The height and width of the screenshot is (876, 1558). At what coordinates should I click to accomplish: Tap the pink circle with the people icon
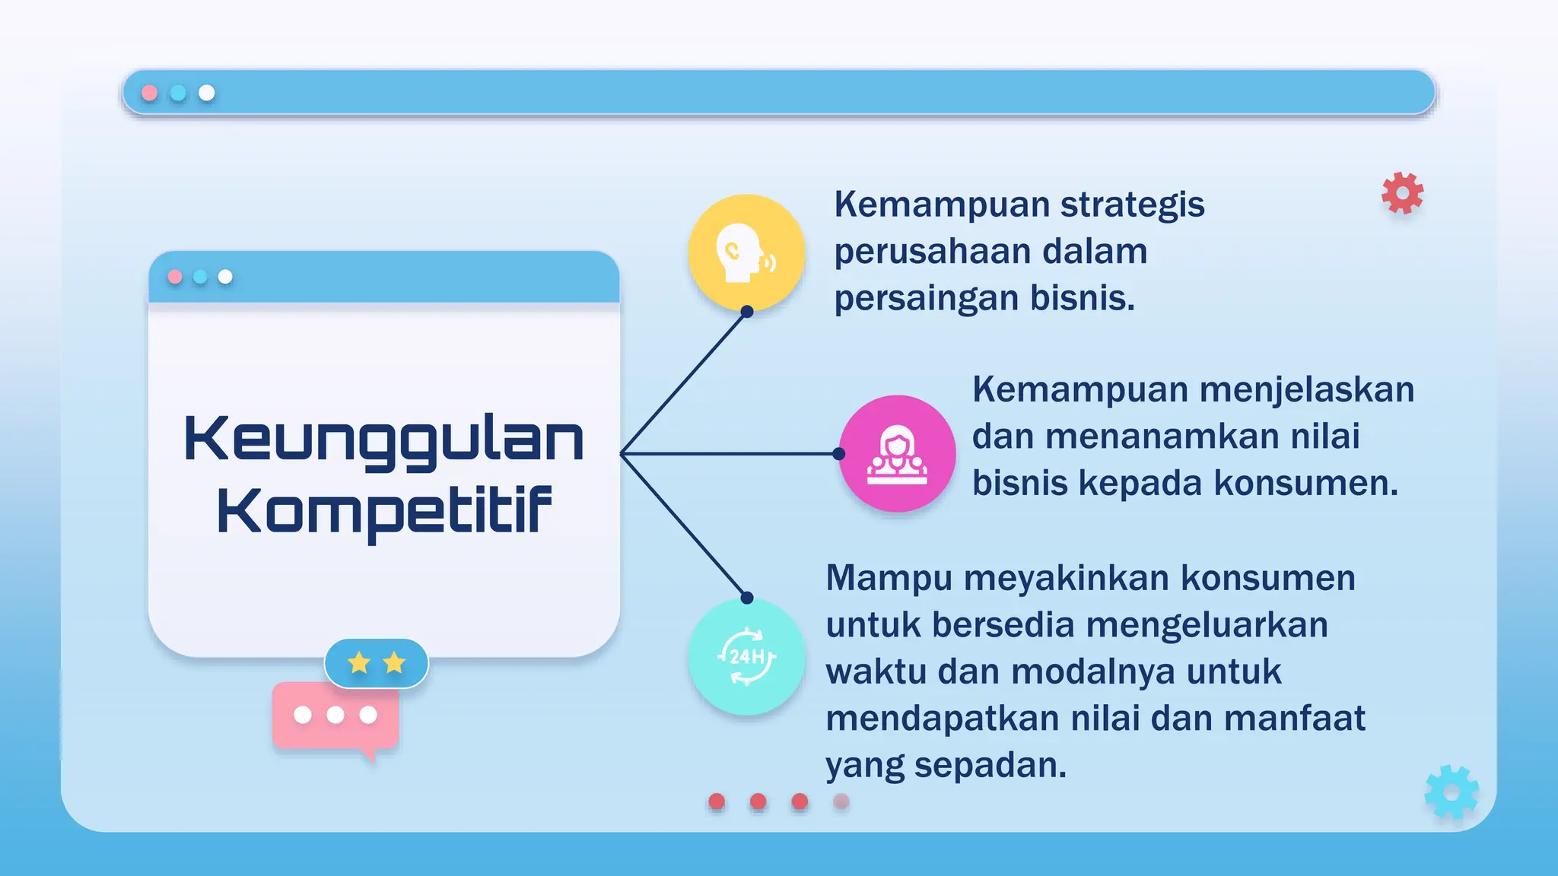897,454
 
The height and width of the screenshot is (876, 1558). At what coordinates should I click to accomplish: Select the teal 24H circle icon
746,656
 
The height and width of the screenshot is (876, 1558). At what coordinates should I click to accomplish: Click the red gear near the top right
1402,192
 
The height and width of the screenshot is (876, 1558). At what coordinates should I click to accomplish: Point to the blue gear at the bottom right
1451,792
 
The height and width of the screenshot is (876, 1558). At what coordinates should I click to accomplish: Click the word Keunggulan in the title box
383,440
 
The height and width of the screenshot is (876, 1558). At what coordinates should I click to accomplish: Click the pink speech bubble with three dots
335,716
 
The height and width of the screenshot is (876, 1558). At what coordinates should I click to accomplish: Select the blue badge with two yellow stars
377,663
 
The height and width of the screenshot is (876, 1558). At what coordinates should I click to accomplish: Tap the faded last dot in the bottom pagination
841,801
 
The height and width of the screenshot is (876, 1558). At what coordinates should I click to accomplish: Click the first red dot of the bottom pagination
717,801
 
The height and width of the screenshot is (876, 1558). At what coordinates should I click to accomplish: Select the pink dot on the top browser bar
150,93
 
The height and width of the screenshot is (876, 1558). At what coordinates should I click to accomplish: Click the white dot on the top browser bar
207,93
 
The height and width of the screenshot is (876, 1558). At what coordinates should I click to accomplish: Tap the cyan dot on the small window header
200,277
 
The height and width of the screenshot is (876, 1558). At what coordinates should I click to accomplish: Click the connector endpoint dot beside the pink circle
838,454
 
